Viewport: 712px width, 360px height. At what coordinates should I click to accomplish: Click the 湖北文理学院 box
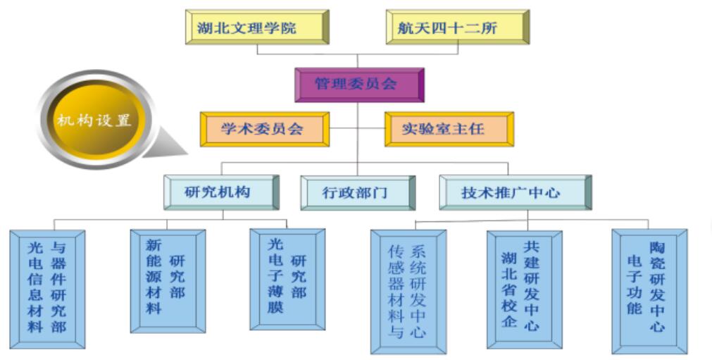pyautogui.click(x=257, y=27)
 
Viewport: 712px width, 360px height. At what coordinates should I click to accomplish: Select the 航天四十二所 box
pyautogui.click(x=458, y=27)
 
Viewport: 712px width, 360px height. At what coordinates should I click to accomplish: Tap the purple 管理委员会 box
pyautogui.click(x=359, y=85)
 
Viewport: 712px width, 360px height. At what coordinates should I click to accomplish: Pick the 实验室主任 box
pyautogui.click(x=449, y=129)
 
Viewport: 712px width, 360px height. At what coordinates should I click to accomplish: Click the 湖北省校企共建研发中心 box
pyautogui.click(x=524, y=289)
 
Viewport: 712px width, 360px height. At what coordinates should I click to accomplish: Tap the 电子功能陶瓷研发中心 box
pyautogui.click(x=649, y=289)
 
